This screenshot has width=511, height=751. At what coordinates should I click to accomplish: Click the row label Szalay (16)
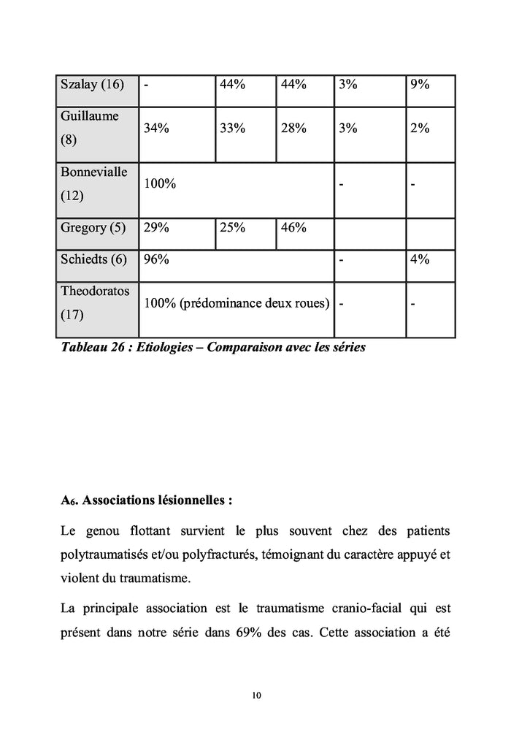(x=92, y=84)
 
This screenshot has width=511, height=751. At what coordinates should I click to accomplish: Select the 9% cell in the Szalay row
(x=419, y=84)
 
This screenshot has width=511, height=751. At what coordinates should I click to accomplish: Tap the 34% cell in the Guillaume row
(x=156, y=128)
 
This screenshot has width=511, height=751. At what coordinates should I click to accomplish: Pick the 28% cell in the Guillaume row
(x=293, y=128)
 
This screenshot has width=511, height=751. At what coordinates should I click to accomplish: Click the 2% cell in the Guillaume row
(x=419, y=128)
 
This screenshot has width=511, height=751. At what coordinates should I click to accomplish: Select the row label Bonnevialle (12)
(x=93, y=184)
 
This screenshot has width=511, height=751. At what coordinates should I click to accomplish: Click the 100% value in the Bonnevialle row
(x=159, y=184)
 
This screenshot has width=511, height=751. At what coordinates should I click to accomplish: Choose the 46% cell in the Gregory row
(x=293, y=227)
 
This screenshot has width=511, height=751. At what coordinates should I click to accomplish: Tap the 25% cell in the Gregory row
(x=232, y=227)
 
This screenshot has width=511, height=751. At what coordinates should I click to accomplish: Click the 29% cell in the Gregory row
(x=156, y=227)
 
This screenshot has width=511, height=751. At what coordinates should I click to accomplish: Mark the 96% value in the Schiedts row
(x=156, y=259)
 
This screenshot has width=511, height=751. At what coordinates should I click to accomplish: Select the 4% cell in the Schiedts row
(x=419, y=259)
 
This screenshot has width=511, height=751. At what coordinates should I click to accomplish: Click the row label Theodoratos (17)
(x=95, y=303)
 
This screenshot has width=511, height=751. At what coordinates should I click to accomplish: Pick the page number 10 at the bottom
(x=255, y=695)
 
